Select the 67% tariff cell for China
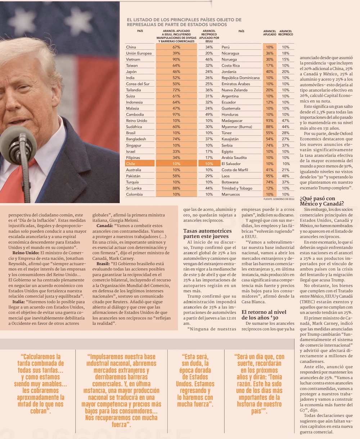(176, 47)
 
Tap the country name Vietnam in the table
(133, 59)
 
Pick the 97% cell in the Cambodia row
(176, 115)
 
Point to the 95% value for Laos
(270, 176)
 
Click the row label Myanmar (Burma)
(237, 127)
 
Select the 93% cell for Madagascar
(270, 121)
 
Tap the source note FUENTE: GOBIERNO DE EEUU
(279, 199)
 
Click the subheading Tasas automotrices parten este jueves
(207, 233)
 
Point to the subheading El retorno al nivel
(264, 314)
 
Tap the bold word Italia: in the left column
(18, 302)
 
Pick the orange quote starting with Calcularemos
(41, 384)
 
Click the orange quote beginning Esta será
(195, 380)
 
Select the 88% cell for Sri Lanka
(176, 188)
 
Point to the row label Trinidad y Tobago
(237, 188)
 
